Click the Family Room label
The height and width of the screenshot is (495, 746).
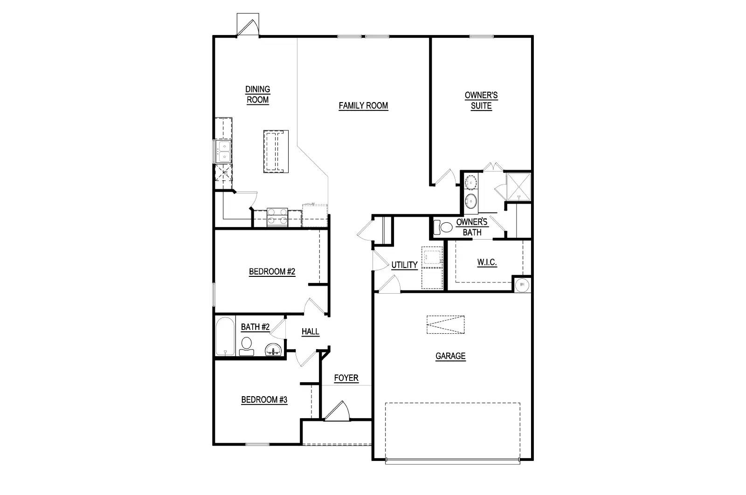(363, 106)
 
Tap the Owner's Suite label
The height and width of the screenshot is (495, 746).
(481, 101)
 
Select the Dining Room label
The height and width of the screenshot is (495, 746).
(258, 95)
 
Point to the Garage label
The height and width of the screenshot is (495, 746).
(450, 356)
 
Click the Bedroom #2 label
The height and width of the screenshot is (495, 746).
(272, 272)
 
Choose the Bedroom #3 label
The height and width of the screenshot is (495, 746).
(264, 400)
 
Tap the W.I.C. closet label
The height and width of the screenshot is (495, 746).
(487, 262)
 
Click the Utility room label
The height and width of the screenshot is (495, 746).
(404, 265)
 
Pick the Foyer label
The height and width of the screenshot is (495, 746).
(346, 378)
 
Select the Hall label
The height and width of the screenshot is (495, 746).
(310, 332)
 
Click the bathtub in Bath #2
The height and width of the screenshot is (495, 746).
(225, 337)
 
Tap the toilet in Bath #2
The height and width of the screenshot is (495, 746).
(246, 346)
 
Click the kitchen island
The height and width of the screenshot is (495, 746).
(276, 151)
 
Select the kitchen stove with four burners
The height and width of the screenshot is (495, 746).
(277, 217)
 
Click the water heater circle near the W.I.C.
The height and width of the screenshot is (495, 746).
(522, 284)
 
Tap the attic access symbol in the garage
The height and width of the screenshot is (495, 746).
(445, 325)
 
